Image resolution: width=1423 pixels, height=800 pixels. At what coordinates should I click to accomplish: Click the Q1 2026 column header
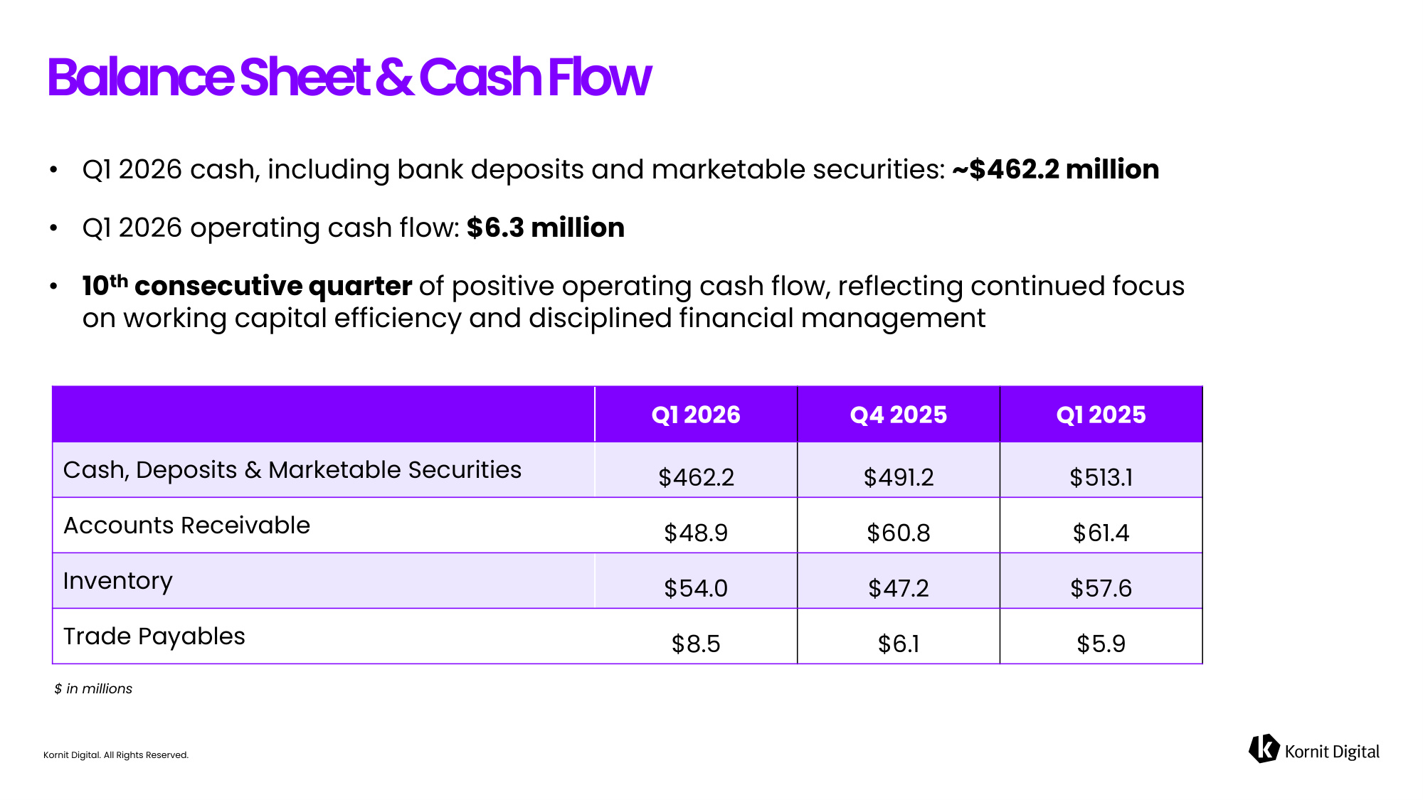point(696,415)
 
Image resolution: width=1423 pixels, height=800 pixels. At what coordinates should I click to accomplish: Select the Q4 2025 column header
point(899,415)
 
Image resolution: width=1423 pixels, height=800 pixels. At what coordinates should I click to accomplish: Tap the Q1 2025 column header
point(1101,415)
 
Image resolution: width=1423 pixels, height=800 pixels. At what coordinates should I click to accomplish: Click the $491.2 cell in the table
point(899,477)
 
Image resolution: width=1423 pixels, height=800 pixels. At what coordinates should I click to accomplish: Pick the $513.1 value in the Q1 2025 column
point(1101,477)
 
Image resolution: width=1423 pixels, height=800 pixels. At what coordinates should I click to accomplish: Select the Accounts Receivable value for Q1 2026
point(696,533)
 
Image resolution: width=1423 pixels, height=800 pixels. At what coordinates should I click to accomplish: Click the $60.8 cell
point(899,533)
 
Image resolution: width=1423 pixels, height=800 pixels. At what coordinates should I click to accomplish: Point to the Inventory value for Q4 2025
point(899,588)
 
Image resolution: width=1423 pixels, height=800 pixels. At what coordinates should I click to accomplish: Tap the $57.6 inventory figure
point(1101,588)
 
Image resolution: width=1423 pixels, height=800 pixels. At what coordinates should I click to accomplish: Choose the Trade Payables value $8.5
point(696,644)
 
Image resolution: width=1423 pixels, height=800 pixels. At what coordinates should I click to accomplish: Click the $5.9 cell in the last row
point(1101,644)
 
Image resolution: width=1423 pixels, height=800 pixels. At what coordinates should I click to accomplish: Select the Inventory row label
point(118,582)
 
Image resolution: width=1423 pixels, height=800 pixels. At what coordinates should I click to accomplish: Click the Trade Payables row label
point(154,636)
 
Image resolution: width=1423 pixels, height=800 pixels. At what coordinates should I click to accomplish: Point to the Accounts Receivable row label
point(187,526)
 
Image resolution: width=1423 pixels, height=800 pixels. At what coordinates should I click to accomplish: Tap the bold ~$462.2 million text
point(1056,169)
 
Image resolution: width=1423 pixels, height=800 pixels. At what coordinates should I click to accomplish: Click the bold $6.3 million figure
point(546,228)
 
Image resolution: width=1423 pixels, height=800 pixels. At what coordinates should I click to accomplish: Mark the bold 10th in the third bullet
point(105,285)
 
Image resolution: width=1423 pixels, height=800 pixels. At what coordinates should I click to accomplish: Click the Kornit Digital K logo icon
point(1264,749)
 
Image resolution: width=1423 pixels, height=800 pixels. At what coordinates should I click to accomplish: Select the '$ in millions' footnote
point(93,689)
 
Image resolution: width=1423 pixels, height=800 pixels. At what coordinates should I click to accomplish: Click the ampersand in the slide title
point(394,77)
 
